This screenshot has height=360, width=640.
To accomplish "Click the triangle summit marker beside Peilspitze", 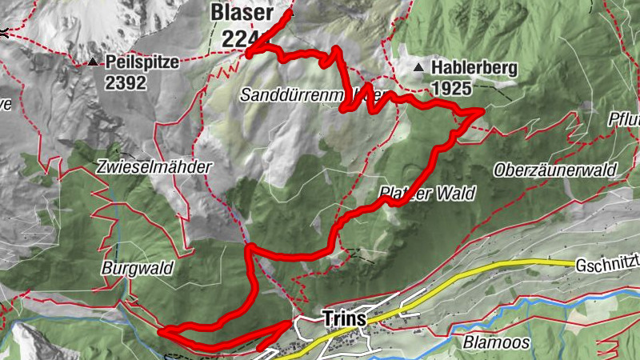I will [x=94, y=62].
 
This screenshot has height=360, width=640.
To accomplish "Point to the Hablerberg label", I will [x=471, y=69].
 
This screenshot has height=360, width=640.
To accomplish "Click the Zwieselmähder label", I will [x=153, y=167].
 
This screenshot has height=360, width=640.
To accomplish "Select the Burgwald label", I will [x=138, y=269].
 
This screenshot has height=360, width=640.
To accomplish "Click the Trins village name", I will [x=344, y=318].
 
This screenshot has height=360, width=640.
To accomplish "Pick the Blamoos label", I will [x=495, y=342].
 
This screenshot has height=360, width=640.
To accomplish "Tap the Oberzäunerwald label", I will [x=554, y=170].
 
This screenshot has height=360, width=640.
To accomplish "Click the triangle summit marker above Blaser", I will [x=291, y=13].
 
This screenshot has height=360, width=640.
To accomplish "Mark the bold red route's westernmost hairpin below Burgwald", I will [x=162, y=330].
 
